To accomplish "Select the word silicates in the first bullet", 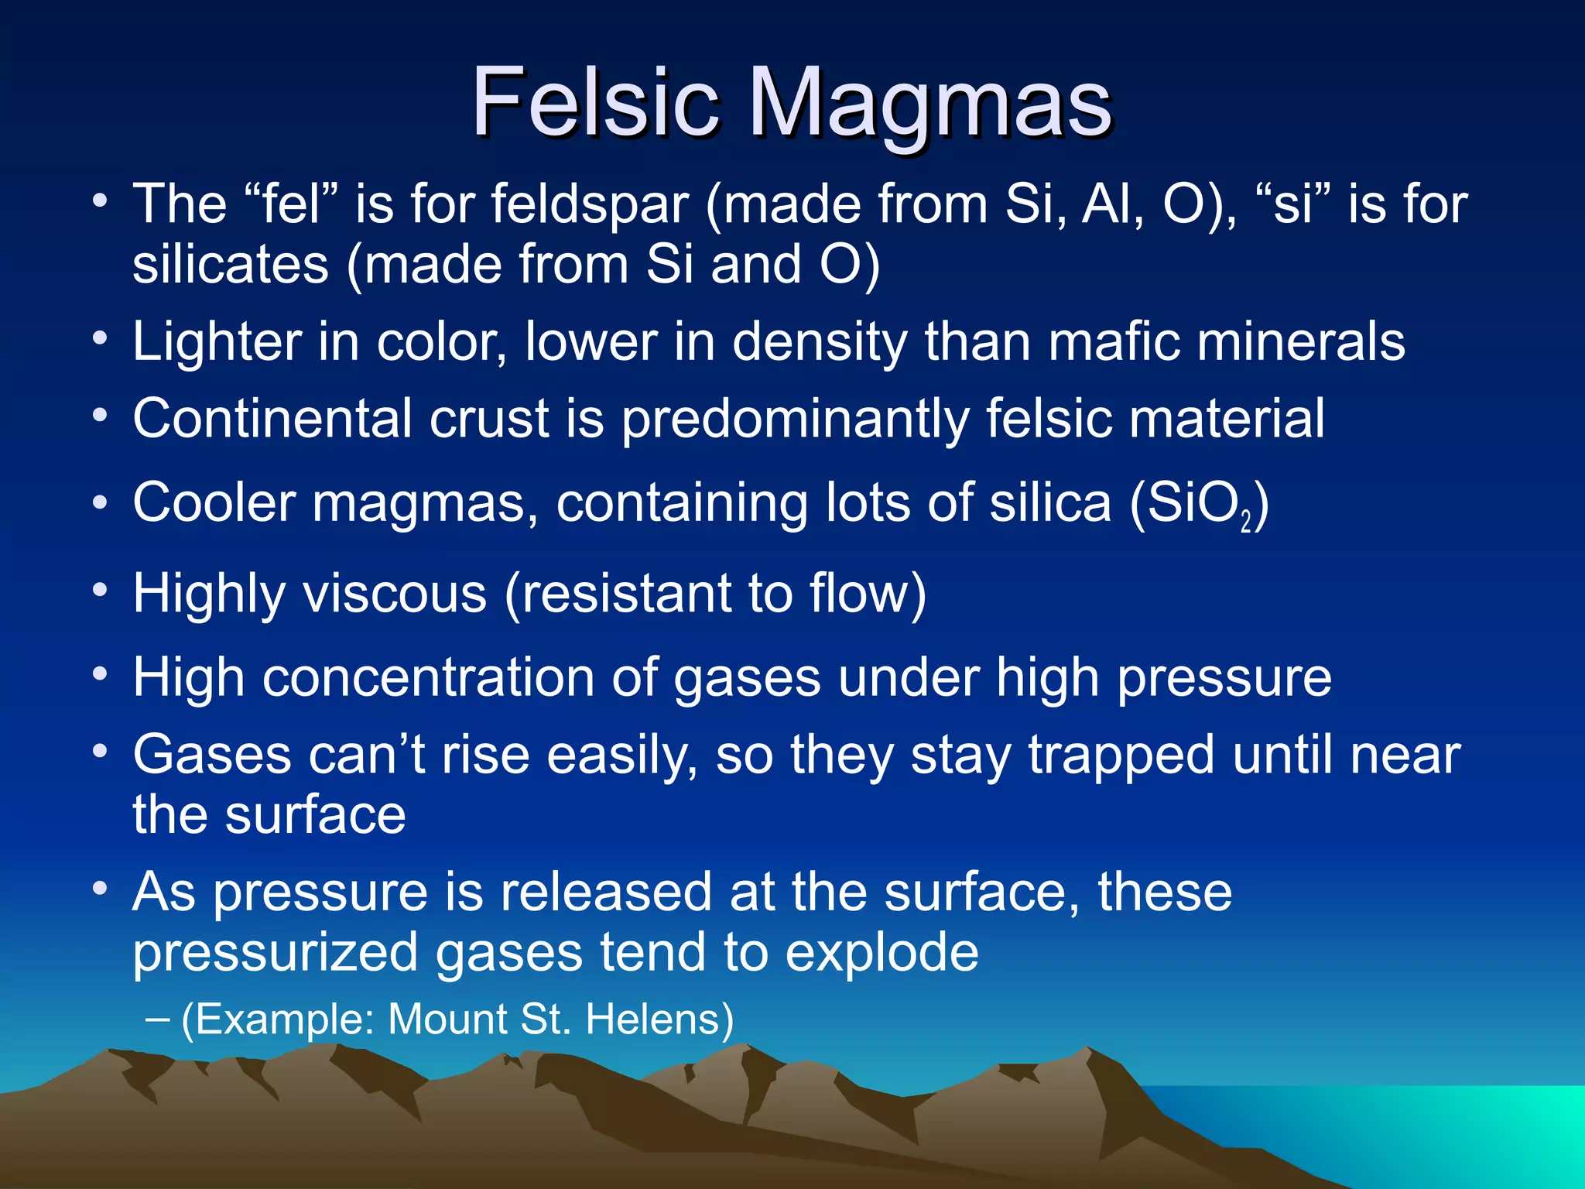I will coord(231,265).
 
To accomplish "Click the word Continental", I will coord(272,419).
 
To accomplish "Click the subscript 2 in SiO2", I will coord(1245,523).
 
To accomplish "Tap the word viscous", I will coord(394,594).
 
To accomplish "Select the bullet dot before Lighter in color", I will coord(99,339).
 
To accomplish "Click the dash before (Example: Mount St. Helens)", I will coord(156,1019).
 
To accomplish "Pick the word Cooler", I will coord(214,503).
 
